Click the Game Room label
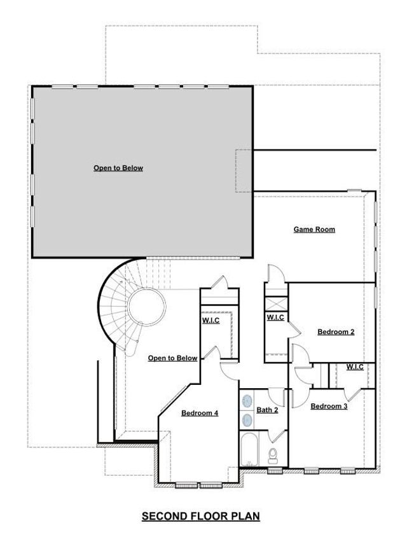point(314,229)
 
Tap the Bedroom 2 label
point(336,331)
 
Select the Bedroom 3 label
point(329,406)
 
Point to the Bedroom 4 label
point(200,413)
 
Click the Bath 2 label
point(267,410)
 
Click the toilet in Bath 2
point(273,455)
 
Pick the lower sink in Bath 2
point(247,420)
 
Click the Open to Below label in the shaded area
point(118,168)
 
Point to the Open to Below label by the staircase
point(172,358)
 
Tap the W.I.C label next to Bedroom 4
point(211,320)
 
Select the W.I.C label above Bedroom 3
point(355,367)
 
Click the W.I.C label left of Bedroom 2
point(275,317)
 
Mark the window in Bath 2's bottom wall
point(275,471)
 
